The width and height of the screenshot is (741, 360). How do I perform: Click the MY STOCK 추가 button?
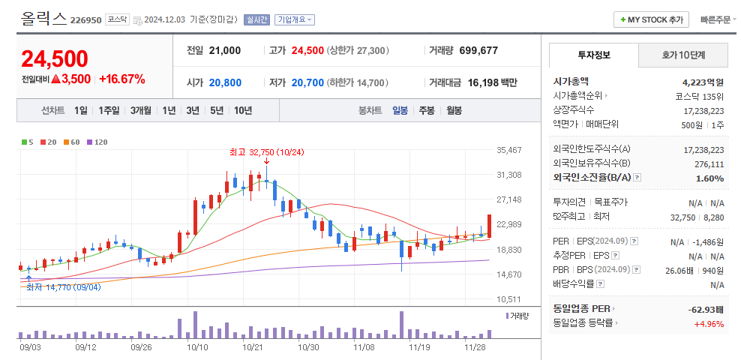coord(651,19)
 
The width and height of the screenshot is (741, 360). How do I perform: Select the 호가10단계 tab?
coord(683,55)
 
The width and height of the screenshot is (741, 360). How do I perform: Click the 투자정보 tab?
coord(594,55)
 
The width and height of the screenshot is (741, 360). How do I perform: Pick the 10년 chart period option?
coord(242,110)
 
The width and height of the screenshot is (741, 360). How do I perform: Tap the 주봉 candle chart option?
coord(427,110)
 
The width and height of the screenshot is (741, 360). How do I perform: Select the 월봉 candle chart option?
coord(454,110)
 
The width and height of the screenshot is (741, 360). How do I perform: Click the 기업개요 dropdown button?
coord(295,20)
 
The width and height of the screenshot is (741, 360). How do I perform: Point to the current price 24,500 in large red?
coord(55,58)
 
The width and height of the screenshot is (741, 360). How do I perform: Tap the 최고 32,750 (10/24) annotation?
coord(266,152)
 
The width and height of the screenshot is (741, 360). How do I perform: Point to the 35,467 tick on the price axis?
coord(509,150)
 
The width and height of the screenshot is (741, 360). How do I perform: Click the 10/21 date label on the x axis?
coord(252,347)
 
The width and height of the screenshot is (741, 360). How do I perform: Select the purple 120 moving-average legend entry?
coord(97,142)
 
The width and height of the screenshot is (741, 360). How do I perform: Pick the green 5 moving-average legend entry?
coord(28,142)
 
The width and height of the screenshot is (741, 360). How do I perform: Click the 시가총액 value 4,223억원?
coord(703,82)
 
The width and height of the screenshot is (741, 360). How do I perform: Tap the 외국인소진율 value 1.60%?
coord(709,178)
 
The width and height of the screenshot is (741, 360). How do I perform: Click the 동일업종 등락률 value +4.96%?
coord(709,323)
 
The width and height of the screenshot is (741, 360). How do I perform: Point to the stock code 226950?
coord(85,20)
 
